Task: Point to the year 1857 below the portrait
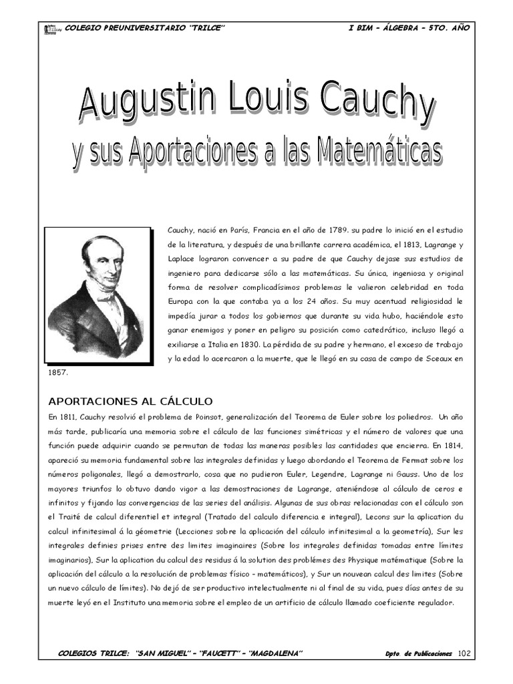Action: click(58, 373)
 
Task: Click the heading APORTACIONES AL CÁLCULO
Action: click(130, 401)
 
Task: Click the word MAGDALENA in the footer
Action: click(276, 653)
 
